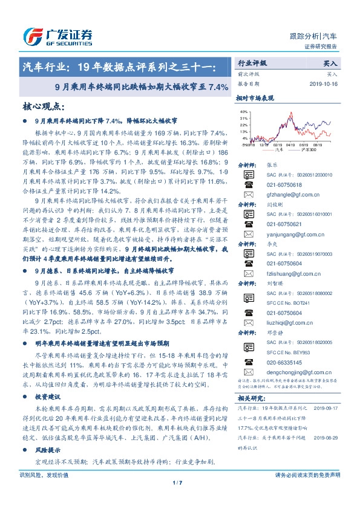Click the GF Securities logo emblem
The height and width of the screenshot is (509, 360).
(29, 36)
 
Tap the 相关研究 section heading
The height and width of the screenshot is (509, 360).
(249, 398)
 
